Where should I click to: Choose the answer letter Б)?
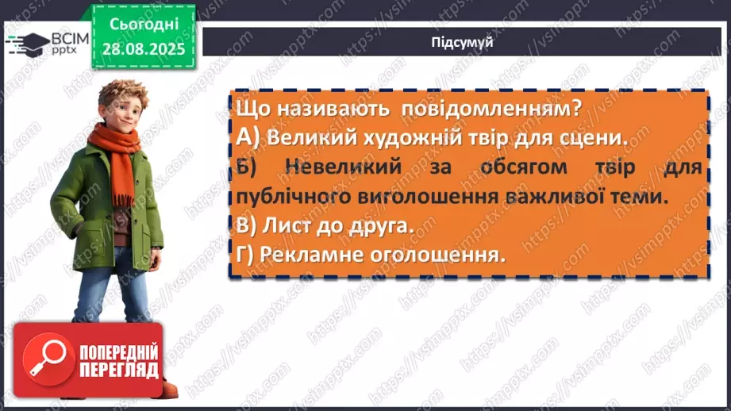pos(247,167)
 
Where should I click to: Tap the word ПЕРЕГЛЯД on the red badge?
pos(117,371)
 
